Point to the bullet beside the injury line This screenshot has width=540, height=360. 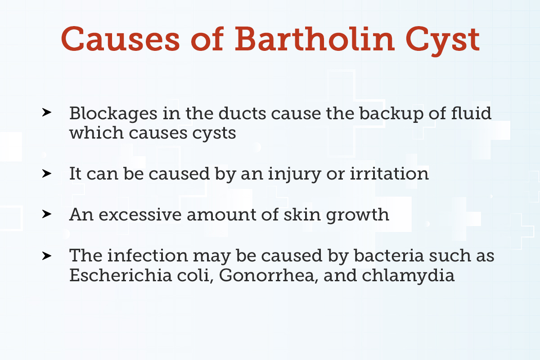click(45, 173)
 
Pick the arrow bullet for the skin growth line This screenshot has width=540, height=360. click(45, 214)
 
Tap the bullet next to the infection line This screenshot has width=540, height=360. click(45, 255)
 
